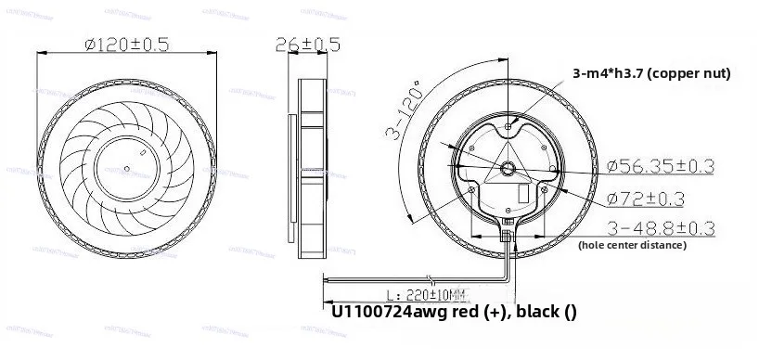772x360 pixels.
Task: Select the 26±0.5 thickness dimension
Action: tap(308, 44)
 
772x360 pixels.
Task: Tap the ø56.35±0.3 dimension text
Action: tap(660, 166)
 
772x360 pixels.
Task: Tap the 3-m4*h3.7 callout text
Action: tap(607, 73)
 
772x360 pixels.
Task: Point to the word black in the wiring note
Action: tap(537, 312)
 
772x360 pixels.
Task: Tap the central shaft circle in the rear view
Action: tap(508, 167)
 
